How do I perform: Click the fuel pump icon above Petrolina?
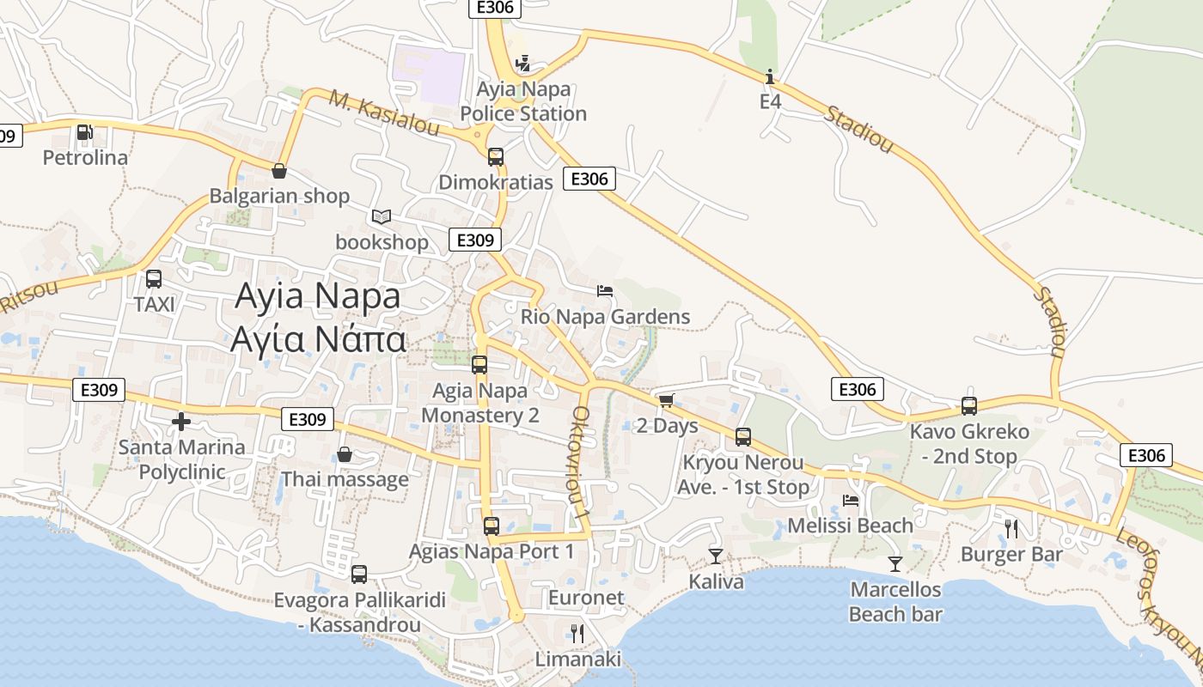pos(85,132)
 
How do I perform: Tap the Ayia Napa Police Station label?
pos(523,101)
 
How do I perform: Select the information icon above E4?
pos(769,76)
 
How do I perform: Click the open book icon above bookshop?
pos(382,216)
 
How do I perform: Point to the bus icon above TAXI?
pos(154,278)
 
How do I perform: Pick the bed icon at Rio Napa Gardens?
pos(605,290)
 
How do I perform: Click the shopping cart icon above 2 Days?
pos(666,399)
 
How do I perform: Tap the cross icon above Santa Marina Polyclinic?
pos(180,422)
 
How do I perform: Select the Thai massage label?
pos(345,479)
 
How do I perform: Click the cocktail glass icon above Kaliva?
pos(715,556)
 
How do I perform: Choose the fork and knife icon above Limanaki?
pos(577,634)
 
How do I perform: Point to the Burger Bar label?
pos(1011,555)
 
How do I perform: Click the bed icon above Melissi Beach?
pos(851,500)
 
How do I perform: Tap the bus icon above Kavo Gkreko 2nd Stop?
pos(969,405)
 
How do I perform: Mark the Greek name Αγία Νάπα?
pos(318,340)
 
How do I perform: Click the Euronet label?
pos(586,598)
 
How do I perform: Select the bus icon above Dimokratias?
pos(496,156)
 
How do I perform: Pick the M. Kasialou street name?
pos(384,115)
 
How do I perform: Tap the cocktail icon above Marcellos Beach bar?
pos(895,563)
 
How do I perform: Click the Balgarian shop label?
pos(279,196)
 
